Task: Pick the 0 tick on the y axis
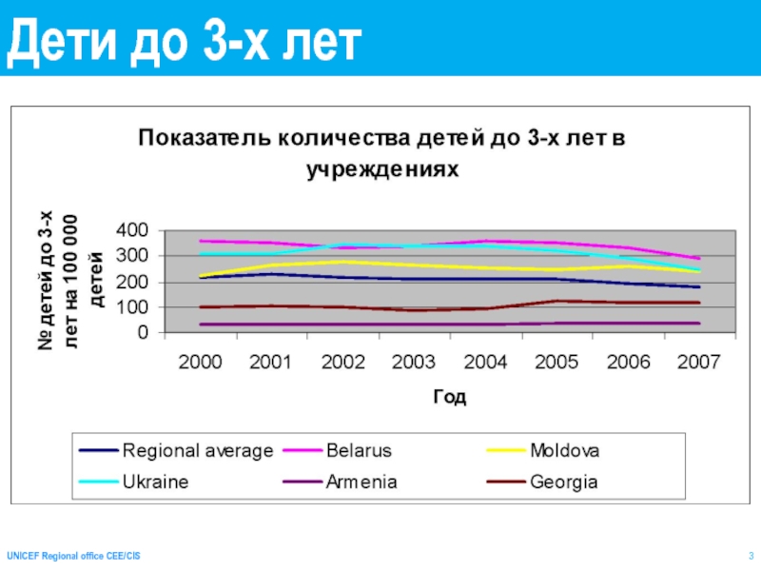pyautogui.click(x=142, y=334)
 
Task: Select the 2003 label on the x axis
pyautogui.click(x=413, y=363)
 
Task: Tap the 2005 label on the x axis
pyautogui.click(x=556, y=363)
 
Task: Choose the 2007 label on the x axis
pyautogui.click(x=697, y=363)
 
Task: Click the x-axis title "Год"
pyautogui.click(x=449, y=397)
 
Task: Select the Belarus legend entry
pyautogui.click(x=359, y=449)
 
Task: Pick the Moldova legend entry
pyautogui.click(x=565, y=449)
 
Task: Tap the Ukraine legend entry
pyautogui.click(x=155, y=482)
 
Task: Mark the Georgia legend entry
pyautogui.click(x=564, y=482)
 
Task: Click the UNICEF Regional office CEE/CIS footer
pyautogui.click(x=73, y=555)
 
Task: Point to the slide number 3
pyautogui.click(x=751, y=555)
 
